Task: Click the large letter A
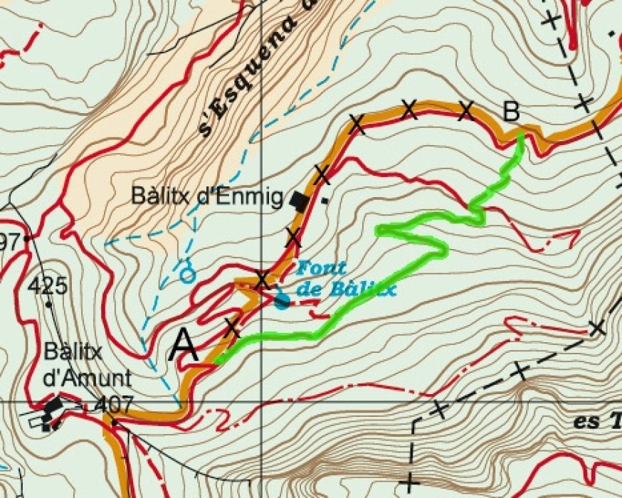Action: point(184,346)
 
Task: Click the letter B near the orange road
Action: point(511,112)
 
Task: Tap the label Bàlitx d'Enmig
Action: point(207,197)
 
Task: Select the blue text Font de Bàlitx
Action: point(345,279)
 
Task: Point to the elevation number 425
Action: point(48,287)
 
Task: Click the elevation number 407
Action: point(114,405)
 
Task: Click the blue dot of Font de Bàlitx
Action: point(282,302)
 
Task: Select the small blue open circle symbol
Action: point(188,274)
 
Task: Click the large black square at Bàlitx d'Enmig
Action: point(300,202)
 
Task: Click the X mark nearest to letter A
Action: point(232,328)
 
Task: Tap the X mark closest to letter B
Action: point(466,110)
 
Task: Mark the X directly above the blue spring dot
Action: point(262,279)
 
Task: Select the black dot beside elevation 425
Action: point(48,304)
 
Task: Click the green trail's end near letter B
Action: point(521,135)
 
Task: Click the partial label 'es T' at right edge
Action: point(596,420)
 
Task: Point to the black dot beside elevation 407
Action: point(114,421)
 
